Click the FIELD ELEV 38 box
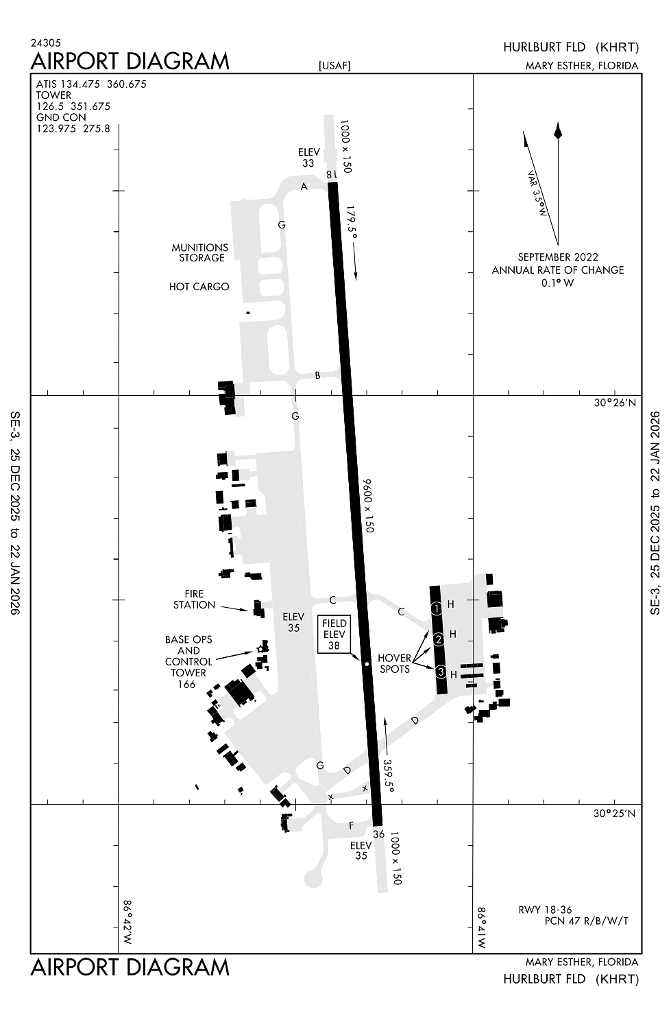(x=334, y=634)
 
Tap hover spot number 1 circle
(x=437, y=608)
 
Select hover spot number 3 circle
(x=441, y=672)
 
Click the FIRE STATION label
(x=194, y=600)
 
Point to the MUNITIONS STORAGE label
(x=200, y=252)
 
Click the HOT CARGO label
(x=199, y=287)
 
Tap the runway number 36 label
(x=379, y=834)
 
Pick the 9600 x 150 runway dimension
(x=368, y=506)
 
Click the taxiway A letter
(x=304, y=187)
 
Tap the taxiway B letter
(x=317, y=375)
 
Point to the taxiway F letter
(x=351, y=825)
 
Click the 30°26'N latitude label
(x=615, y=403)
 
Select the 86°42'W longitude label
(x=127, y=923)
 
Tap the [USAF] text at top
(x=334, y=66)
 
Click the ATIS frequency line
(x=91, y=84)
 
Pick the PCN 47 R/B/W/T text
(x=586, y=921)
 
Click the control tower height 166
(x=186, y=684)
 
